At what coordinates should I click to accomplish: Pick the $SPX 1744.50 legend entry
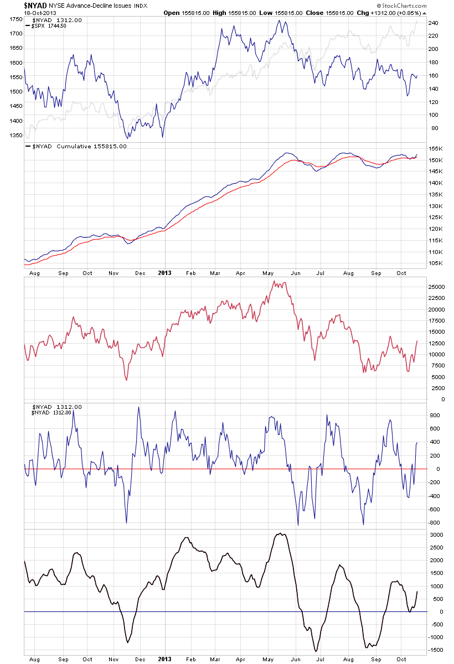[46, 26]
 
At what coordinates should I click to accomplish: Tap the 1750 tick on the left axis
[15, 19]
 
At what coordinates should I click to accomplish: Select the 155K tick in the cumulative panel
[435, 149]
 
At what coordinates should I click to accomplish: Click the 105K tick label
[435, 263]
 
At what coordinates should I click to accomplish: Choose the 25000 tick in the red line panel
[437, 287]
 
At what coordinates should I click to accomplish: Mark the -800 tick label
[434, 523]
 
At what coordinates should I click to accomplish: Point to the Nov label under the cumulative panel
[114, 273]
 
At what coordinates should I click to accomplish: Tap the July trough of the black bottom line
[316, 651]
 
